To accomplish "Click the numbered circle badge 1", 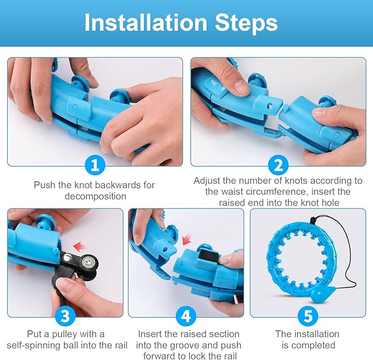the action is point(95,165).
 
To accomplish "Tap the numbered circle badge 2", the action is point(278,165).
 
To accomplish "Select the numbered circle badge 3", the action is point(65,316).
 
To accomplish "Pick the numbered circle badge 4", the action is point(186,316).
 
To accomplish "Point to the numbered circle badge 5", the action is point(308,316).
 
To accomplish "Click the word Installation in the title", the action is point(146,23).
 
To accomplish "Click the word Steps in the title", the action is point(246,23).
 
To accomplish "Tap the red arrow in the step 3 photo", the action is point(80,247).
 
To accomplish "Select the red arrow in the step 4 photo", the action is point(187,240).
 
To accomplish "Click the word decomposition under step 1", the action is point(96,196).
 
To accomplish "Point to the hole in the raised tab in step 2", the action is point(269,106).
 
